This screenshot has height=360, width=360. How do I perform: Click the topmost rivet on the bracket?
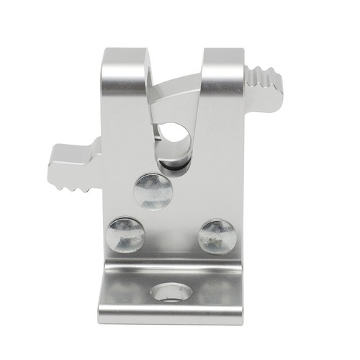pos(153,192)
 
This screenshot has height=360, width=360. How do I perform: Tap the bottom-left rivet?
pos(125,235)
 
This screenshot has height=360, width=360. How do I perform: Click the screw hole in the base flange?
pos(171,293)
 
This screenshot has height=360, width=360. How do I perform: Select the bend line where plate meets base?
pos(171,262)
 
